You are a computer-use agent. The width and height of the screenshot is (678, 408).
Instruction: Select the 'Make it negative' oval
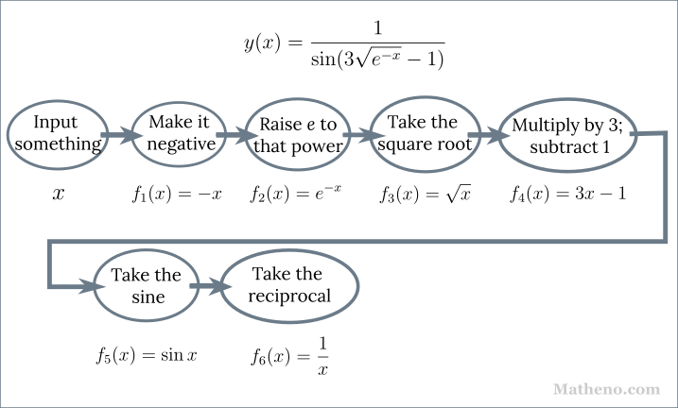coord(178,134)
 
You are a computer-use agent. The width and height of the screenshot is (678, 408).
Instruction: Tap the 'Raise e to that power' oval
coord(297,135)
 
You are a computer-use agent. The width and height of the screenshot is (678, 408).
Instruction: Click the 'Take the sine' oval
coord(146,285)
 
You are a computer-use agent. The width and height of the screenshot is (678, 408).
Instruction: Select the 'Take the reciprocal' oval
coord(289,285)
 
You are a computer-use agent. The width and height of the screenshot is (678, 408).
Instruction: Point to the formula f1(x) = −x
coord(177,195)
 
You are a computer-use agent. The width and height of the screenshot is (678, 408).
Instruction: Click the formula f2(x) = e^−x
coord(296,195)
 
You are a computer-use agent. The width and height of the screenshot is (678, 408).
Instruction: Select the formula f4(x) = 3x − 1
coord(570,195)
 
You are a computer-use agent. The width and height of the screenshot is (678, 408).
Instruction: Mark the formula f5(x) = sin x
coord(147,355)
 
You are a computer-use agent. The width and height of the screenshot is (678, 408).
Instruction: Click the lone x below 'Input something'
coord(58,195)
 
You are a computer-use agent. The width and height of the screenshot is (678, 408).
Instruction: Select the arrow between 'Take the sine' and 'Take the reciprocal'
coord(204,284)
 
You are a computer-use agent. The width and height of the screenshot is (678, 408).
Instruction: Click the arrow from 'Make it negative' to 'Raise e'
coord(233,136)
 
